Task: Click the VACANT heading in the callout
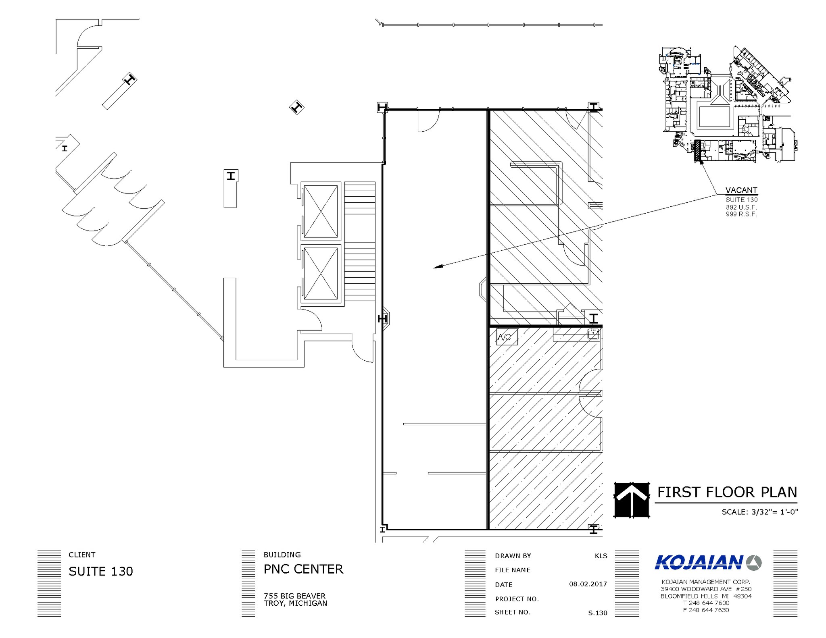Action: tap(741, 190)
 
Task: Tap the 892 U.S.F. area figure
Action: tap(741, 207)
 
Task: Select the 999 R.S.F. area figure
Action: tap(741, 214)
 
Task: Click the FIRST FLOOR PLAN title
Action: tap(727, 492)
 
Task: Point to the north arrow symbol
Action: tap(632, 500)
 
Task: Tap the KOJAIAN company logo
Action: tap(708, 562)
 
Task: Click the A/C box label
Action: tap(505, 337)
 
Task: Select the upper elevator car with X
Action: tap(321, 212)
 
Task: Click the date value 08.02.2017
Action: tap(588, 584)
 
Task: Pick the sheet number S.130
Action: tap(597, 613)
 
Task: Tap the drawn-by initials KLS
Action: tap(601, 556)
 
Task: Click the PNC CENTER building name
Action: tap(303, 569)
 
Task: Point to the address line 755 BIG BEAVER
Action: tap(294, 596)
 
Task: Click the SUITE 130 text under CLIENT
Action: tap(101, 571)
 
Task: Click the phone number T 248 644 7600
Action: tap(706, 603)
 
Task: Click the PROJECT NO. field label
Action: tap(517, 599)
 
